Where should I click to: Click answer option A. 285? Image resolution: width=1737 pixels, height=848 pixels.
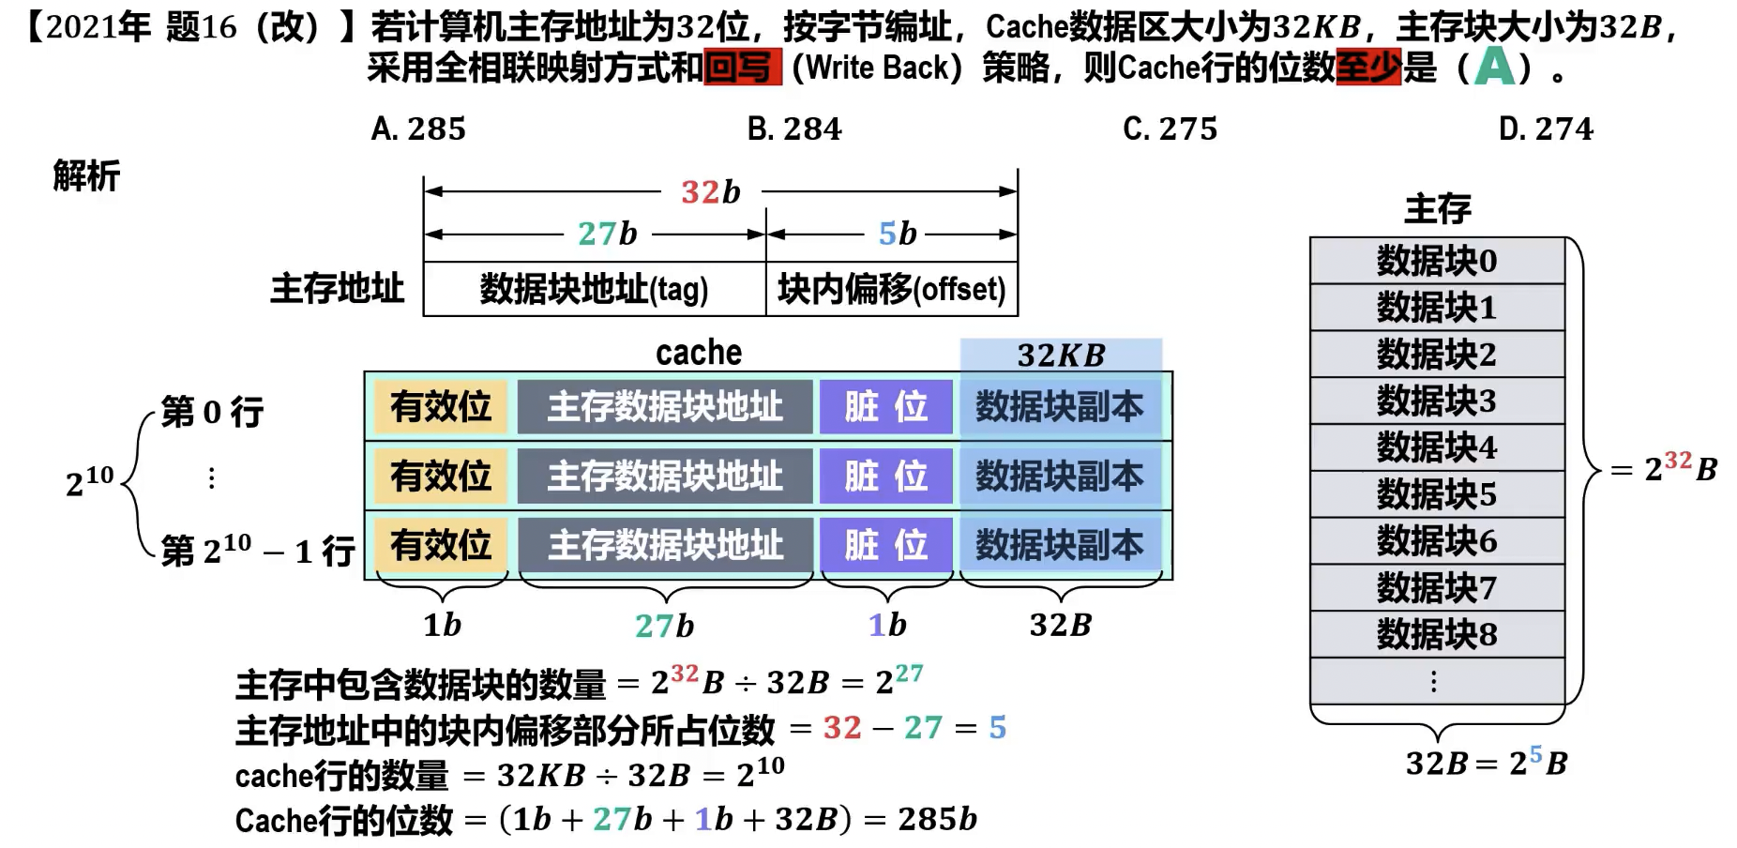(x=418, y=129)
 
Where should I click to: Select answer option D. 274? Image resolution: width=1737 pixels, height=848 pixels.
(x=1546, y=129)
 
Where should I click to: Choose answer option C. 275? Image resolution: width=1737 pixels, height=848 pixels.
(x=1170, y=129)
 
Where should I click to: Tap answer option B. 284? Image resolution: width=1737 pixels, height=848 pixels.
(x=794, y=129)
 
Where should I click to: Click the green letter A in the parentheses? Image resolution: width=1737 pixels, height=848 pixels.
(x=1495, y=67)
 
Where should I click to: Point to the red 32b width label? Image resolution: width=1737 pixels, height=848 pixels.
(x=710, y=192)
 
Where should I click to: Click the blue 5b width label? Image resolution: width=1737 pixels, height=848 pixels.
(x=897, y=234)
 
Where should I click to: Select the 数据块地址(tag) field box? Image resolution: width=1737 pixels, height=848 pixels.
(x=595, y=289)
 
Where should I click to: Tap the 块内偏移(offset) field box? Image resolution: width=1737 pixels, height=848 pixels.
(x=891, y=289)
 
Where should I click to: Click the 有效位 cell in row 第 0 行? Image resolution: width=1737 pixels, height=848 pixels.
(x=441, y=406)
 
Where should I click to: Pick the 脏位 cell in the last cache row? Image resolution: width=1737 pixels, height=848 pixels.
(x=885, y=545)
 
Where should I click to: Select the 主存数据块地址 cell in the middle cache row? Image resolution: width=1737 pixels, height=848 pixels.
(x=665, y=476)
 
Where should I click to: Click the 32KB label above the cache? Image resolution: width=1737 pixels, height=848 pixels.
(x=1061, y=356)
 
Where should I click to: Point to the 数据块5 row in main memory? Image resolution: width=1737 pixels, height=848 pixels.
(x=1436, y=494)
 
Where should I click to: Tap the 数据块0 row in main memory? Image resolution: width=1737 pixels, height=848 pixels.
(x=1436, y=261)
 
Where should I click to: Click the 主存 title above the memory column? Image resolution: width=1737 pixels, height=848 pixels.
(x=1437, y=209)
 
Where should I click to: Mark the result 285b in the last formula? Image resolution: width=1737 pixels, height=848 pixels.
(x=937, y=819)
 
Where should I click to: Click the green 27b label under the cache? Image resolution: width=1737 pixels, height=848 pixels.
(x=664, y=626)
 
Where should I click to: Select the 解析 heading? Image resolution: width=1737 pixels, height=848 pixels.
(x=86, y=175)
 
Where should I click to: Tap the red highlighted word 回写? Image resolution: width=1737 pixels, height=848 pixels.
(x=742, y=68)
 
